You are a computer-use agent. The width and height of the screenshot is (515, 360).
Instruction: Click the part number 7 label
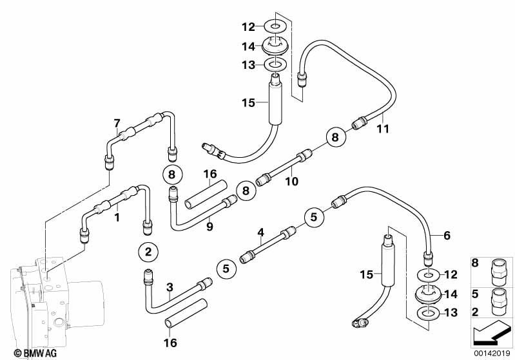pos(117,124)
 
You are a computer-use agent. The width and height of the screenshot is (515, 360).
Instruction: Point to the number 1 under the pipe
pos(117,217)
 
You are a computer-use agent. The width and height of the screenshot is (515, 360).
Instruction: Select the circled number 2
pos(148,252)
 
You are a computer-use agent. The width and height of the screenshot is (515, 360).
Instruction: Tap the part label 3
pos(170,287)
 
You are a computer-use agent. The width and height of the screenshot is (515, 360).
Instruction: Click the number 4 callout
pos(260,232)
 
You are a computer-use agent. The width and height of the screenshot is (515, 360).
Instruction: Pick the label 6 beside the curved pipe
pos(447,235)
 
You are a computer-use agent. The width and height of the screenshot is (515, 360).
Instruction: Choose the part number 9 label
pos(209,227)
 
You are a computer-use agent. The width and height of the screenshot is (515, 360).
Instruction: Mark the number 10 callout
pos(291,181)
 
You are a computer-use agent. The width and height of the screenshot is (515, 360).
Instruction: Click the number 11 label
pos(383,129)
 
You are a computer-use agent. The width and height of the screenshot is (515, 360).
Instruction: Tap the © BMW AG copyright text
pos(35,353)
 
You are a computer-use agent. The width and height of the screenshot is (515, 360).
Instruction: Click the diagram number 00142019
pos(492,354)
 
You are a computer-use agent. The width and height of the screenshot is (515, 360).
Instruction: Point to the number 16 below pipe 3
pos(170,343)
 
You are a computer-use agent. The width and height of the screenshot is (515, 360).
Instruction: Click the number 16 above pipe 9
pos(210,174)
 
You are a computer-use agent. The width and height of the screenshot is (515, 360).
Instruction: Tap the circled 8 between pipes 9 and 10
pos(246,191)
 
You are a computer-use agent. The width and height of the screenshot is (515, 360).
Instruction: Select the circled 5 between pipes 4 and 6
pos(314,217)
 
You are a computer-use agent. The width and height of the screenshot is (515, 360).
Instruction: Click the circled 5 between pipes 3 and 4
pos(226,269)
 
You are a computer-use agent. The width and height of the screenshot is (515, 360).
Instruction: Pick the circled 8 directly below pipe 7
pos(172,175)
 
